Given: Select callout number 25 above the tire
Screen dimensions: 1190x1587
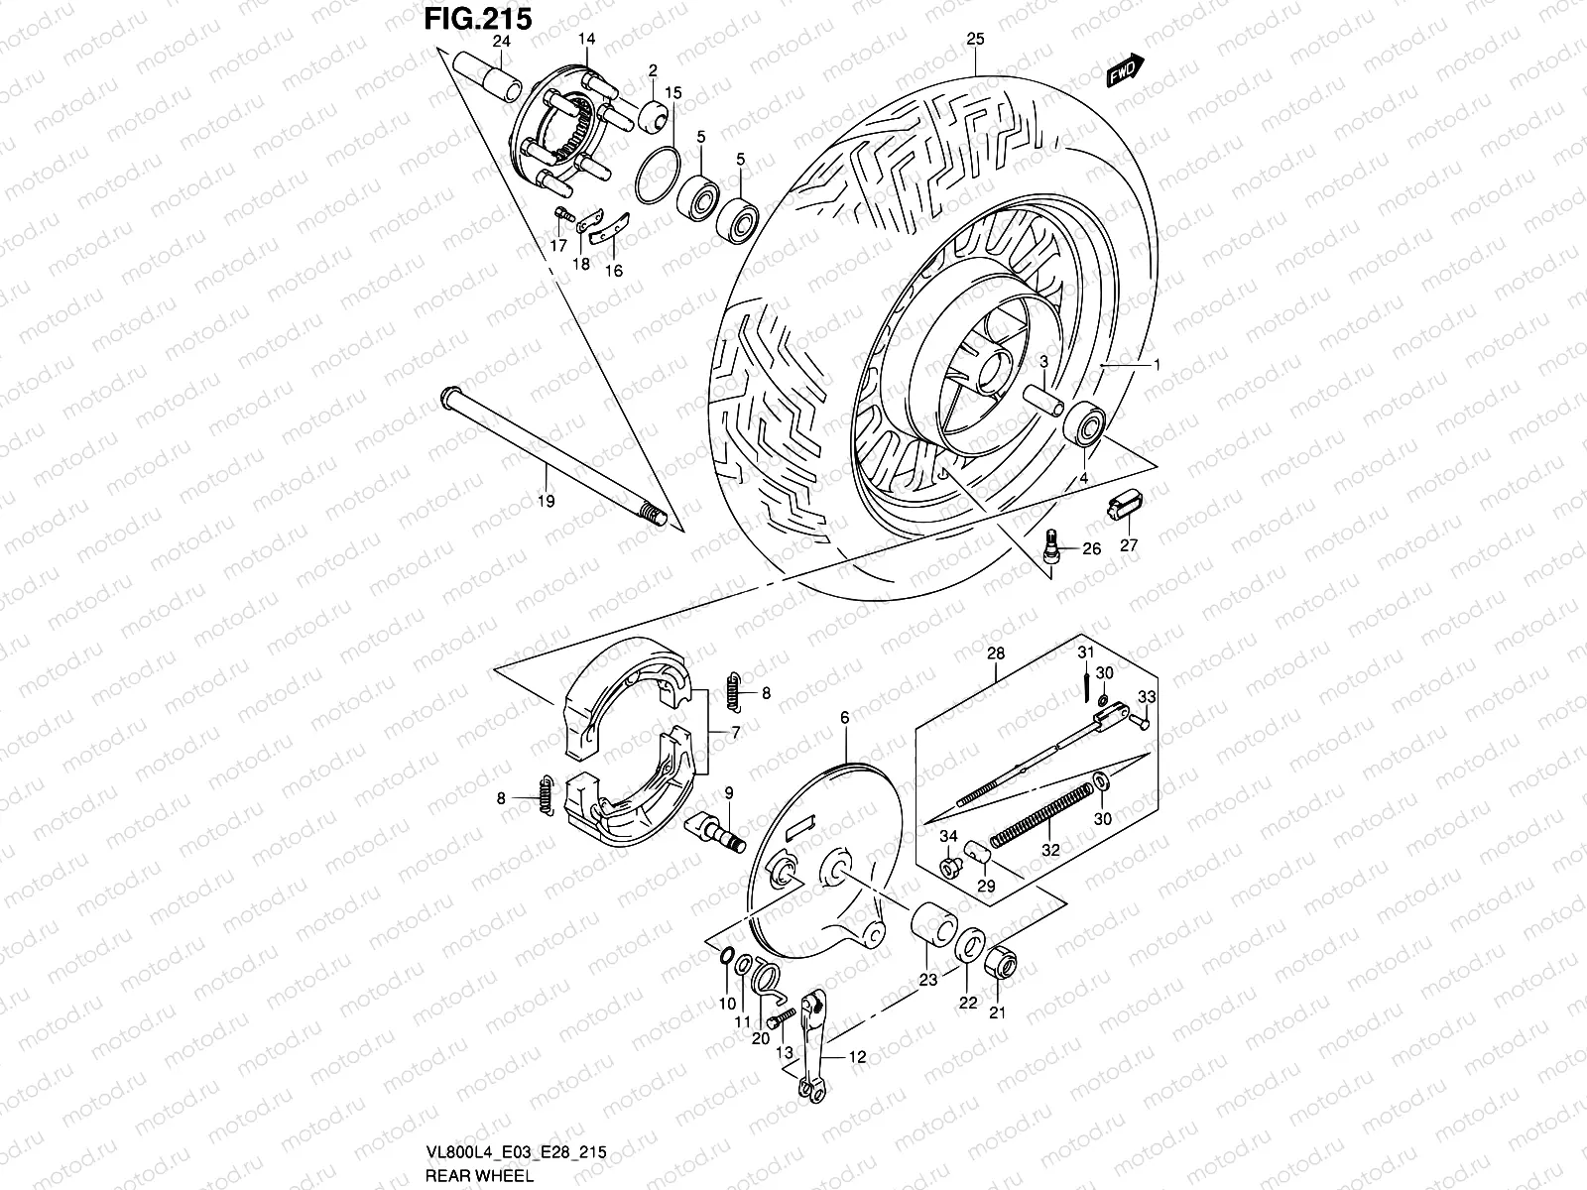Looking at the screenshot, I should coord(975,40).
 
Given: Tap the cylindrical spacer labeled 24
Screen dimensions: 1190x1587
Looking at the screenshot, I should coord(488,76).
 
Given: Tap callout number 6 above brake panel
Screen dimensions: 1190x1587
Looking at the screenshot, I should coord(844,717).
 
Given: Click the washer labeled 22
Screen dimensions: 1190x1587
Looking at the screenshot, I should coord(970,945).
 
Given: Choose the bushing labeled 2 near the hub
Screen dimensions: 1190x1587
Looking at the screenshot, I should coord(655,117).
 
